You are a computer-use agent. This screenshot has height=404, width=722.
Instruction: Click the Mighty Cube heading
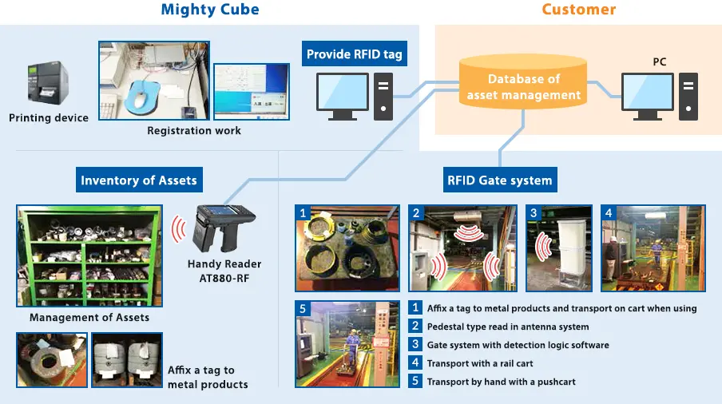coord(210,10)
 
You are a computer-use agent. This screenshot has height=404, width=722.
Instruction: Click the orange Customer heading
coord(578,10)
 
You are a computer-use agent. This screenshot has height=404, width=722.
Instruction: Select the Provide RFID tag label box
coord(355,55)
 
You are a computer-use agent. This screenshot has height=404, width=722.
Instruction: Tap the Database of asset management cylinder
coord(523,86)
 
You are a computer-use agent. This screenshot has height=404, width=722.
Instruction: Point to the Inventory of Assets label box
coord(138,180)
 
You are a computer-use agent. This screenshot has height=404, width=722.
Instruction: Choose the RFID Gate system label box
coord(499,180)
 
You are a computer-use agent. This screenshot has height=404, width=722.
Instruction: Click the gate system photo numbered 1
coord(347,248)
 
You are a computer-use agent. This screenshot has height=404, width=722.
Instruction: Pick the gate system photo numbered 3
coord(558,248)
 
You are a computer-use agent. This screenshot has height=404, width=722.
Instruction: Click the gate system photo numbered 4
coord(653,248)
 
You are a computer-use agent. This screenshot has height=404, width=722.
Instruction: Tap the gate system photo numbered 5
coord(347,344)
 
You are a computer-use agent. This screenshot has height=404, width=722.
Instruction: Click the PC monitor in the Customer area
coord(649,96)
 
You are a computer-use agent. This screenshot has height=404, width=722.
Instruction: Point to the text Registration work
coord(194,130)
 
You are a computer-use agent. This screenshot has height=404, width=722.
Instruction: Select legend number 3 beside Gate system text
coord(415,345)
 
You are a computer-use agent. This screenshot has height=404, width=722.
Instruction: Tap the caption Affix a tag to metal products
coord(208,377)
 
